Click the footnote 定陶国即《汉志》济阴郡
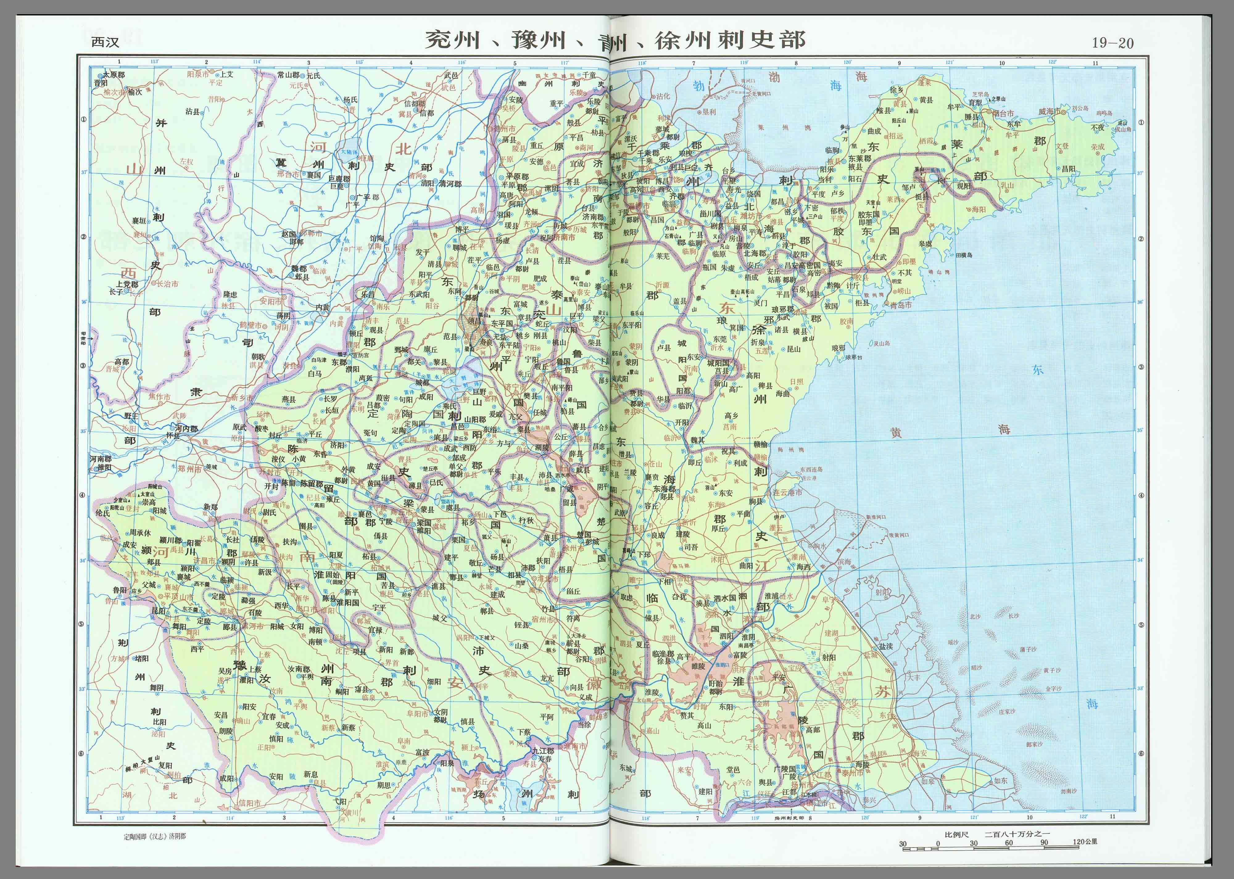(x=154, y=836)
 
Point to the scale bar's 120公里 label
(x=1085, y=842)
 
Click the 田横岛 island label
(x=964, y=255)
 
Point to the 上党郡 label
(x=127, y=284)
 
